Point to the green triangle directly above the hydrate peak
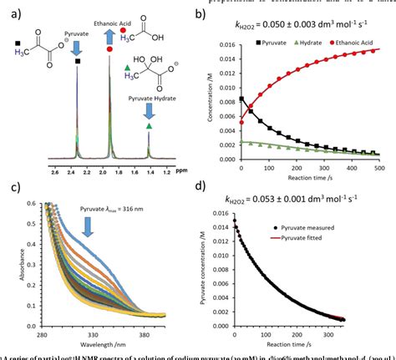(x=150, y=125)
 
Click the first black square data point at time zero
(x=242, y=99)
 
